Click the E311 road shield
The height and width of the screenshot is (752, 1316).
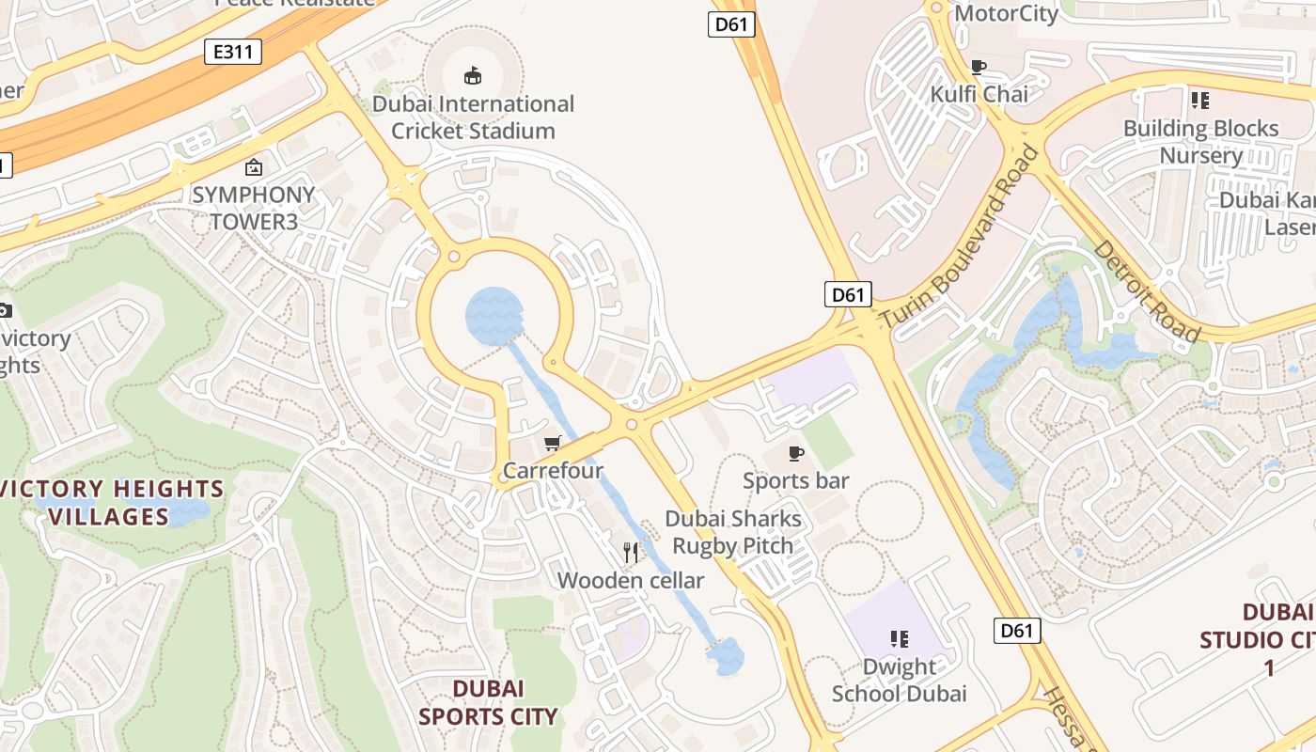(x=232, y=52)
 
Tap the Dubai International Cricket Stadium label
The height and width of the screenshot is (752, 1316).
(x=473, y=117)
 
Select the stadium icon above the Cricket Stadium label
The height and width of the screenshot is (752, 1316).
(x=473, y=75)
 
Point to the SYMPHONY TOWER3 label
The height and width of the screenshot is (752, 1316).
(x=253, y=209)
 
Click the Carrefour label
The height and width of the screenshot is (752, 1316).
(x=553, y=470)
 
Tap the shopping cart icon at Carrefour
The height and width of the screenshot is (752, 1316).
(x=553, y=443)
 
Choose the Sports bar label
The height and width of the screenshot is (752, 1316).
(x=795, y=481)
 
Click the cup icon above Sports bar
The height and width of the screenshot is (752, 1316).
(x=796, y=454)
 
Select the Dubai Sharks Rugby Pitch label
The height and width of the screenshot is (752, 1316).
(x=733, y=532)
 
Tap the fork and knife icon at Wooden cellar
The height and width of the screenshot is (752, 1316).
(x=631, y=553)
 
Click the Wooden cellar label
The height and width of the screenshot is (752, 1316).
(x=631, y=581)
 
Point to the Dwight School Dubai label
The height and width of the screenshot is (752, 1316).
(x=899, y=681)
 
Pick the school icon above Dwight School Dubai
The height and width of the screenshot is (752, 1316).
(x=900, y=639)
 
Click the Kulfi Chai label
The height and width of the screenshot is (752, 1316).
(x=979, y=94)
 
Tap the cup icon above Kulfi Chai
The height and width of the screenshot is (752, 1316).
(x=979, y=67)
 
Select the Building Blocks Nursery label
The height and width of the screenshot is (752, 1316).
(x=1200, y=141)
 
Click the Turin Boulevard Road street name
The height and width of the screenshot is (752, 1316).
(x=960, y=237)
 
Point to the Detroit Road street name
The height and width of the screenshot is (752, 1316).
(x=1147, y=291)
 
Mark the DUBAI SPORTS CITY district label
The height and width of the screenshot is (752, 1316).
(x=488, y=702)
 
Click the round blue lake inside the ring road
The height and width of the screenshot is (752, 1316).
(x=494, y=317)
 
